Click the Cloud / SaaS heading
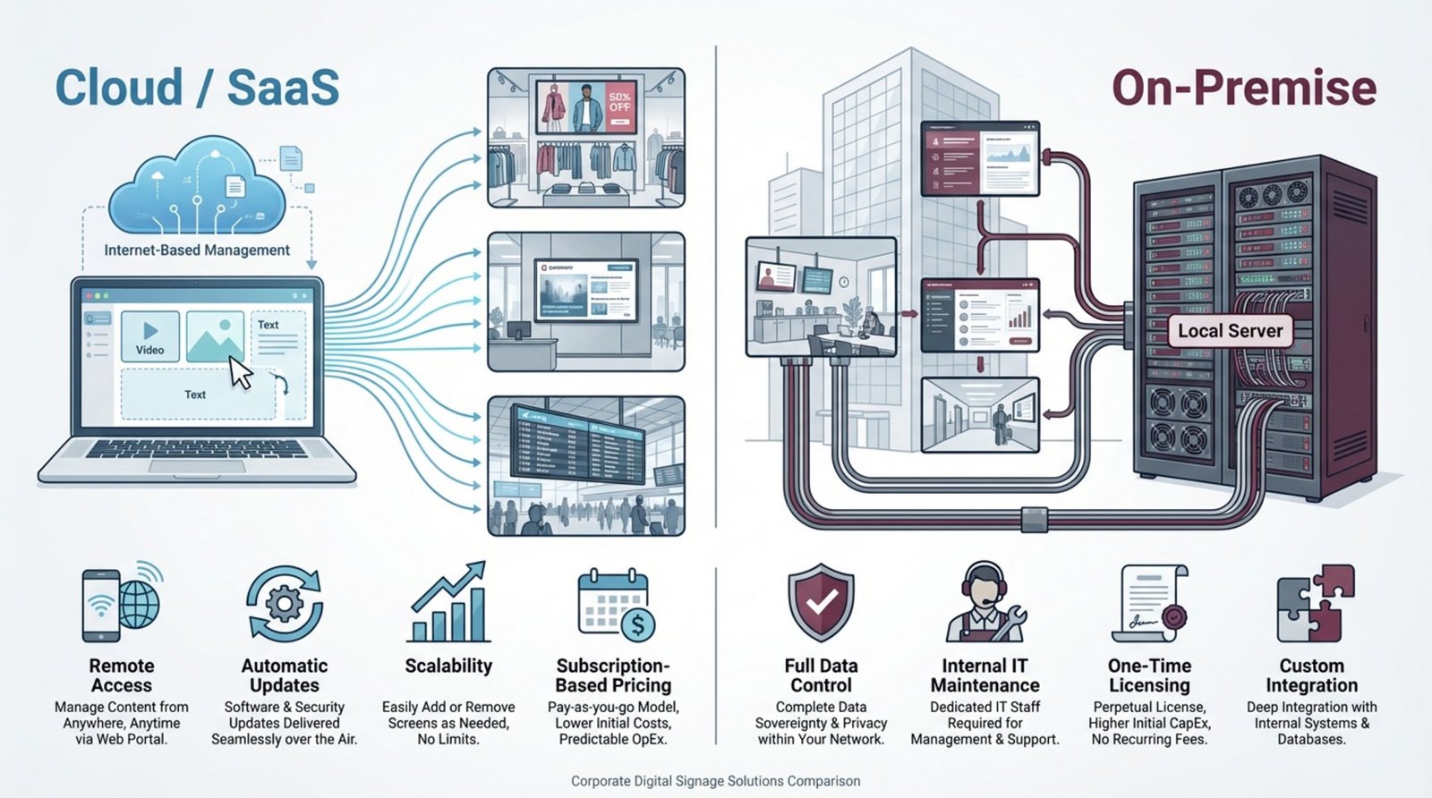tap(197, 88)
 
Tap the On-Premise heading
tap(1243, 88)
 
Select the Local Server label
tap(1230, 331)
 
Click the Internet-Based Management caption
tap(197, 250)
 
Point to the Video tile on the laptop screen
tap(149, 336)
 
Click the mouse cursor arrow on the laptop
tap(241, 372)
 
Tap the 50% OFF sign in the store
tap(619, 102)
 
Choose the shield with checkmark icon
tap(821, 602)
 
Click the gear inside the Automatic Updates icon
tap(285, 605)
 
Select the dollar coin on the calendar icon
tap(637, 625)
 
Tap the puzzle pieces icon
tap(1315, 603)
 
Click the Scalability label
tap(448, 666)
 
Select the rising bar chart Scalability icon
tap(449, 603)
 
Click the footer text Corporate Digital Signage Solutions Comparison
tap(715, 781)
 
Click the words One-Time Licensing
tap(1149, 675)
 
